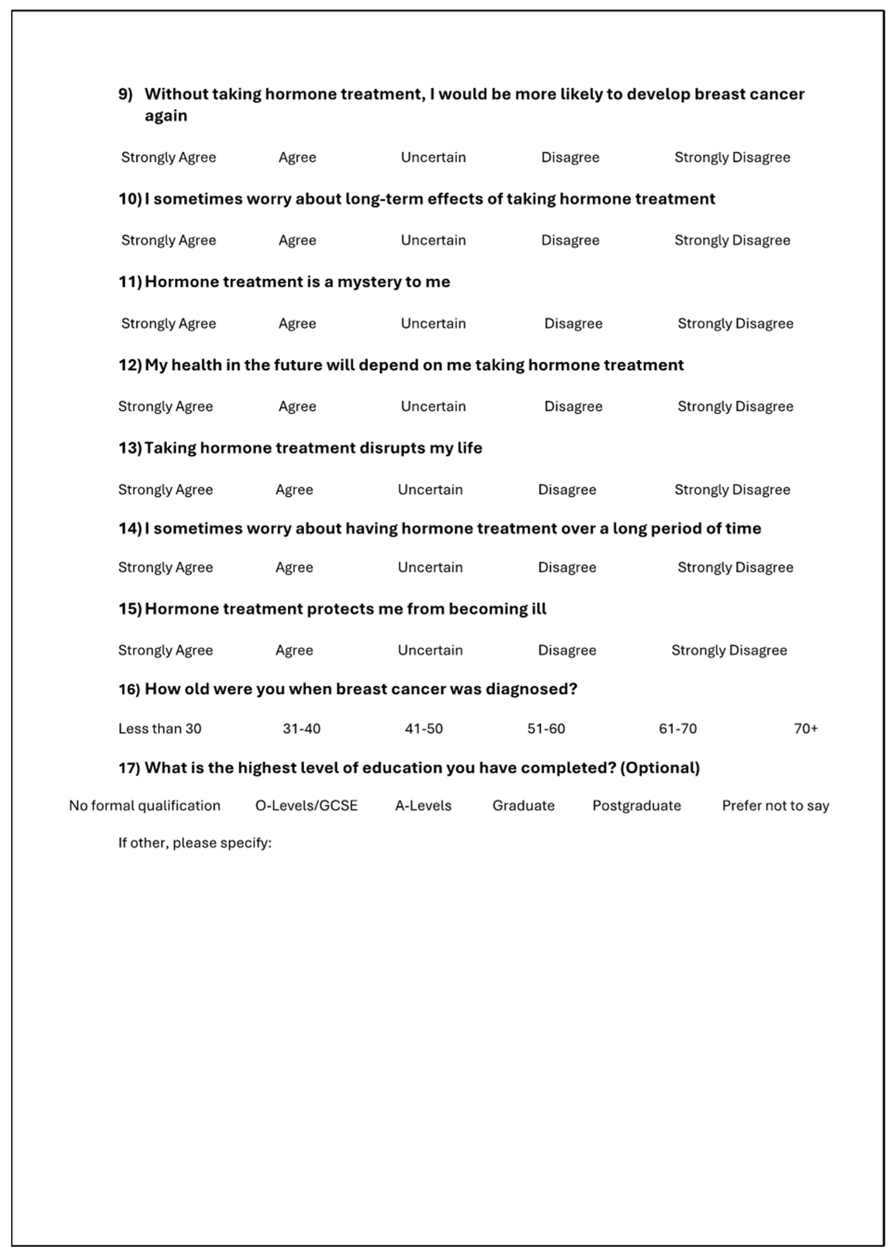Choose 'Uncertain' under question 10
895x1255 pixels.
[433, 240]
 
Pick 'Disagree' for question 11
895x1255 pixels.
[573, 323]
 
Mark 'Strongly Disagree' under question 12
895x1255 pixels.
[735, 407]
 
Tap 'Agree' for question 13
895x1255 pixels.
[294, 490]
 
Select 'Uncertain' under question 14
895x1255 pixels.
[430, 567]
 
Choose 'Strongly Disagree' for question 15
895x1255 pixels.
[729, 650]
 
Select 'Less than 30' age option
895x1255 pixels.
[160, 729]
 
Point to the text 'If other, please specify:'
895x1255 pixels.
[195, 843]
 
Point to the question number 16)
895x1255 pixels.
[129, 689]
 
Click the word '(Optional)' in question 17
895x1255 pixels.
[660, 768]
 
